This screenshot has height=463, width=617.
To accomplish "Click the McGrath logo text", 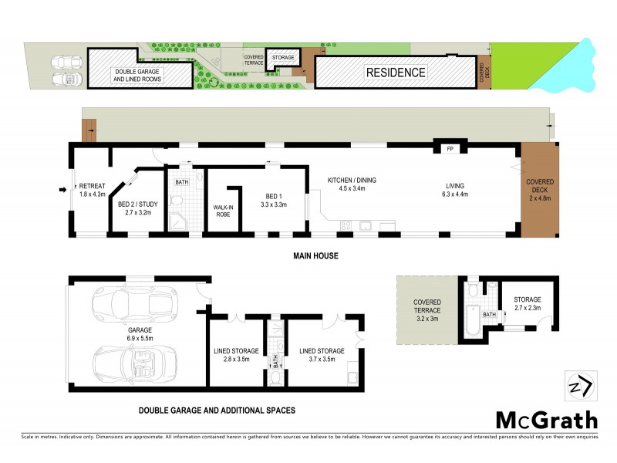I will (546, 421).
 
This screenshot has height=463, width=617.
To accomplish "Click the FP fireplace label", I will (450, 150).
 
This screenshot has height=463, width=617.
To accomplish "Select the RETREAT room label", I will (92, 190).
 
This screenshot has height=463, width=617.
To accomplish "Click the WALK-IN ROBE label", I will (224, 211).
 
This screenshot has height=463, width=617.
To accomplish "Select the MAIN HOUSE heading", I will (315, 255).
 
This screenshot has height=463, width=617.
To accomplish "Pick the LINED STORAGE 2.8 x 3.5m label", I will (235, 355).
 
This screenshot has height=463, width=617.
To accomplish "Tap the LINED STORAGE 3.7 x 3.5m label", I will (322, 355).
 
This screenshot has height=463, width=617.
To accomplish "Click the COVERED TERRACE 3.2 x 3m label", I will (427, 310).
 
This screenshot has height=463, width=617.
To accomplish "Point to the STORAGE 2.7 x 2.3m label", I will (528, 304).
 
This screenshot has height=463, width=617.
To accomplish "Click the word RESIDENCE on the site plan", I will (395, 73).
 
